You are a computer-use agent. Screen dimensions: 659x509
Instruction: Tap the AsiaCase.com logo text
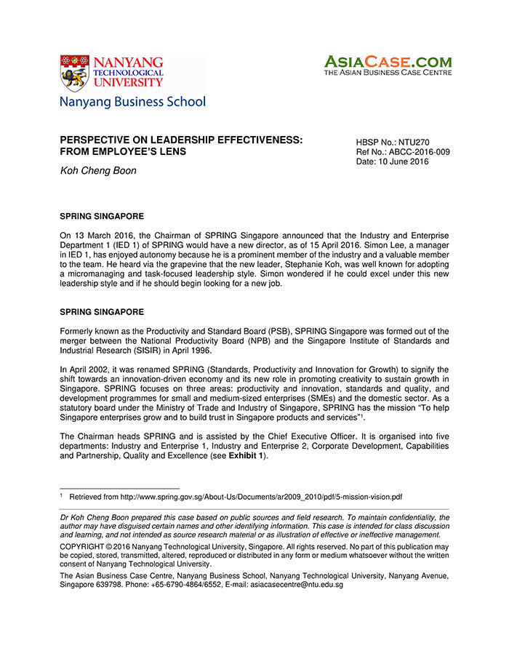coord(388,63)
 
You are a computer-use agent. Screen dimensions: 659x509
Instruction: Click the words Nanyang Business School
coord(133,102)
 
